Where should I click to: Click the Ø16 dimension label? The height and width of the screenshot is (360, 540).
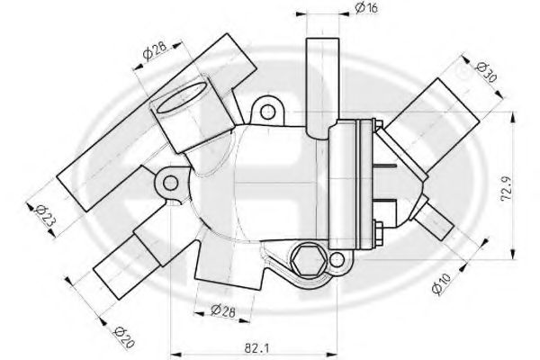[x=366, y=7]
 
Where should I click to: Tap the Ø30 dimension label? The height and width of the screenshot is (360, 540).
[x=486, y=72]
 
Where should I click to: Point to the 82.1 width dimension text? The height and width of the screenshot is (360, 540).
[x=256, y=348]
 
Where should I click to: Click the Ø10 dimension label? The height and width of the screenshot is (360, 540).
[x=441, y=283]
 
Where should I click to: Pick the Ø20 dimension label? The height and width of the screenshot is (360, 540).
[x=123, y=337]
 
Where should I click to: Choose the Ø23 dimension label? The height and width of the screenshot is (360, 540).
[x=45, y=215]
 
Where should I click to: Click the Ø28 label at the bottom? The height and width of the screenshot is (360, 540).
[x=223, y=311]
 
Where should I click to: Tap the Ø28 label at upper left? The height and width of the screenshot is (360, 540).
[x=154, y=50]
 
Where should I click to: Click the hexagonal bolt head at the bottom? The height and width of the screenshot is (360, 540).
[x=308, y=261]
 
